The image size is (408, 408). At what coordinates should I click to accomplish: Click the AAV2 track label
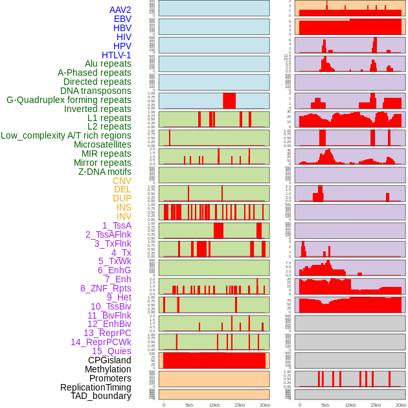[x=120, y=10]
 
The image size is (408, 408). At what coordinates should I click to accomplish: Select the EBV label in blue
[x=122, y=19]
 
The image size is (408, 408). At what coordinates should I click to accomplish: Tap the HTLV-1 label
[x=117, y=55]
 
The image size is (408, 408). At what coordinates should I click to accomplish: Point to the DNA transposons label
[x=96, y=91]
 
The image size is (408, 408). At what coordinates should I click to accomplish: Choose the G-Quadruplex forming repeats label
[x=69, y=100]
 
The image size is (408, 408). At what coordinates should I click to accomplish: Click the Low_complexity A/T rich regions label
[x=66, y=135]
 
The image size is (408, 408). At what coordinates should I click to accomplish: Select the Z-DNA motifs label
[x=105, y=172]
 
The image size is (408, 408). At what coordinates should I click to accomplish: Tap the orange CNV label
[x=122, y=181]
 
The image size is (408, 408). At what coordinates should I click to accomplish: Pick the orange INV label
[x=124, y=216]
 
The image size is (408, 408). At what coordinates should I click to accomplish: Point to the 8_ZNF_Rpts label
[x=106, y=288]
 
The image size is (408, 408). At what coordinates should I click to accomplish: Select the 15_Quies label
[x=111, y=351]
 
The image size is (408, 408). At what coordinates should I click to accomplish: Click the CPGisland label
[x=109, y=360]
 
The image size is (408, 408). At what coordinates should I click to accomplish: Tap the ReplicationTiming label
[x=96, y=387]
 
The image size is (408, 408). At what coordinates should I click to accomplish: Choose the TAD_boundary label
[x=101, y=396]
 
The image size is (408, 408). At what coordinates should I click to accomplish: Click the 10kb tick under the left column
[x=214, y=405]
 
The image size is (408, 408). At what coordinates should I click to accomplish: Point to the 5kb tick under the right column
[x=324, y=405]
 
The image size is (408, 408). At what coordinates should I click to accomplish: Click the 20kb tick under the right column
[x=401, y=405]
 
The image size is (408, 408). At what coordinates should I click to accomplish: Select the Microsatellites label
[x=102, y=144]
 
